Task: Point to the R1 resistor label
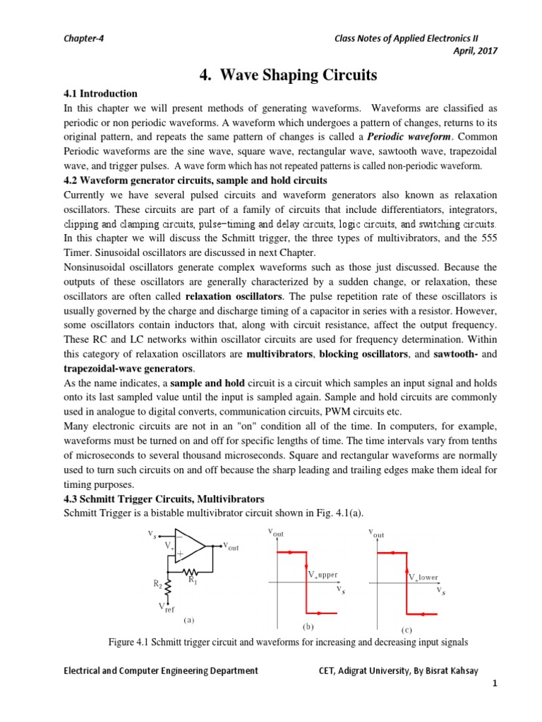(192, 579)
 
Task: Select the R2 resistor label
(159, 584)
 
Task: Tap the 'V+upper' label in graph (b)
(324, 575)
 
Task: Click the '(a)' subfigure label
(188, 620)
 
